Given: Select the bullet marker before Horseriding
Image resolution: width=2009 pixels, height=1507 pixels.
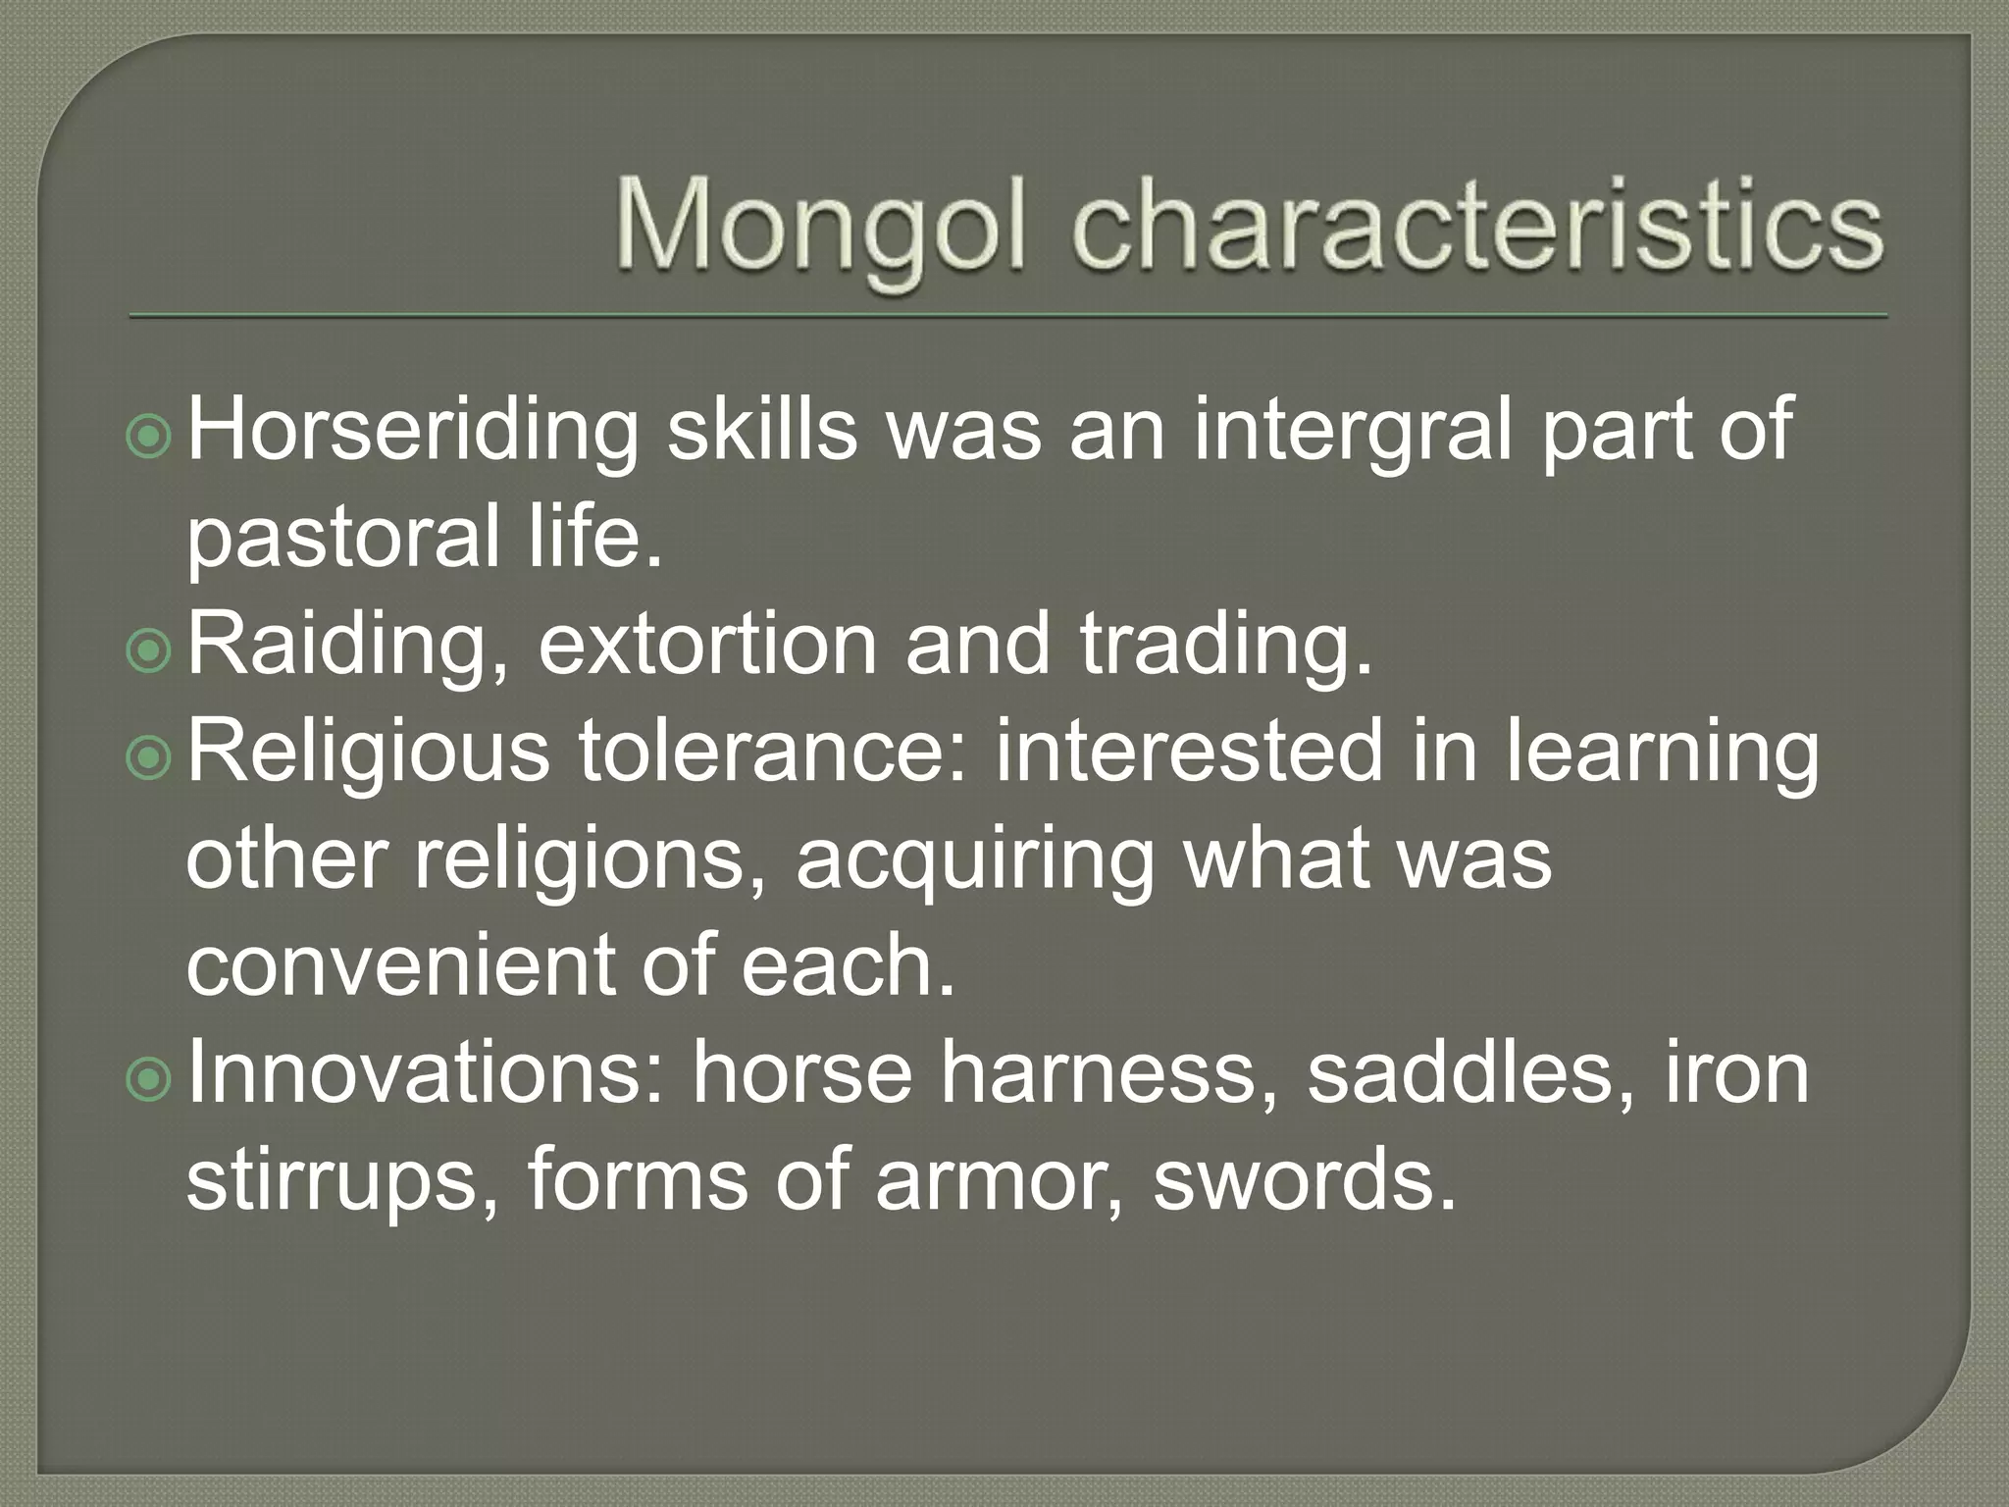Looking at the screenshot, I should (x=150, y=439).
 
